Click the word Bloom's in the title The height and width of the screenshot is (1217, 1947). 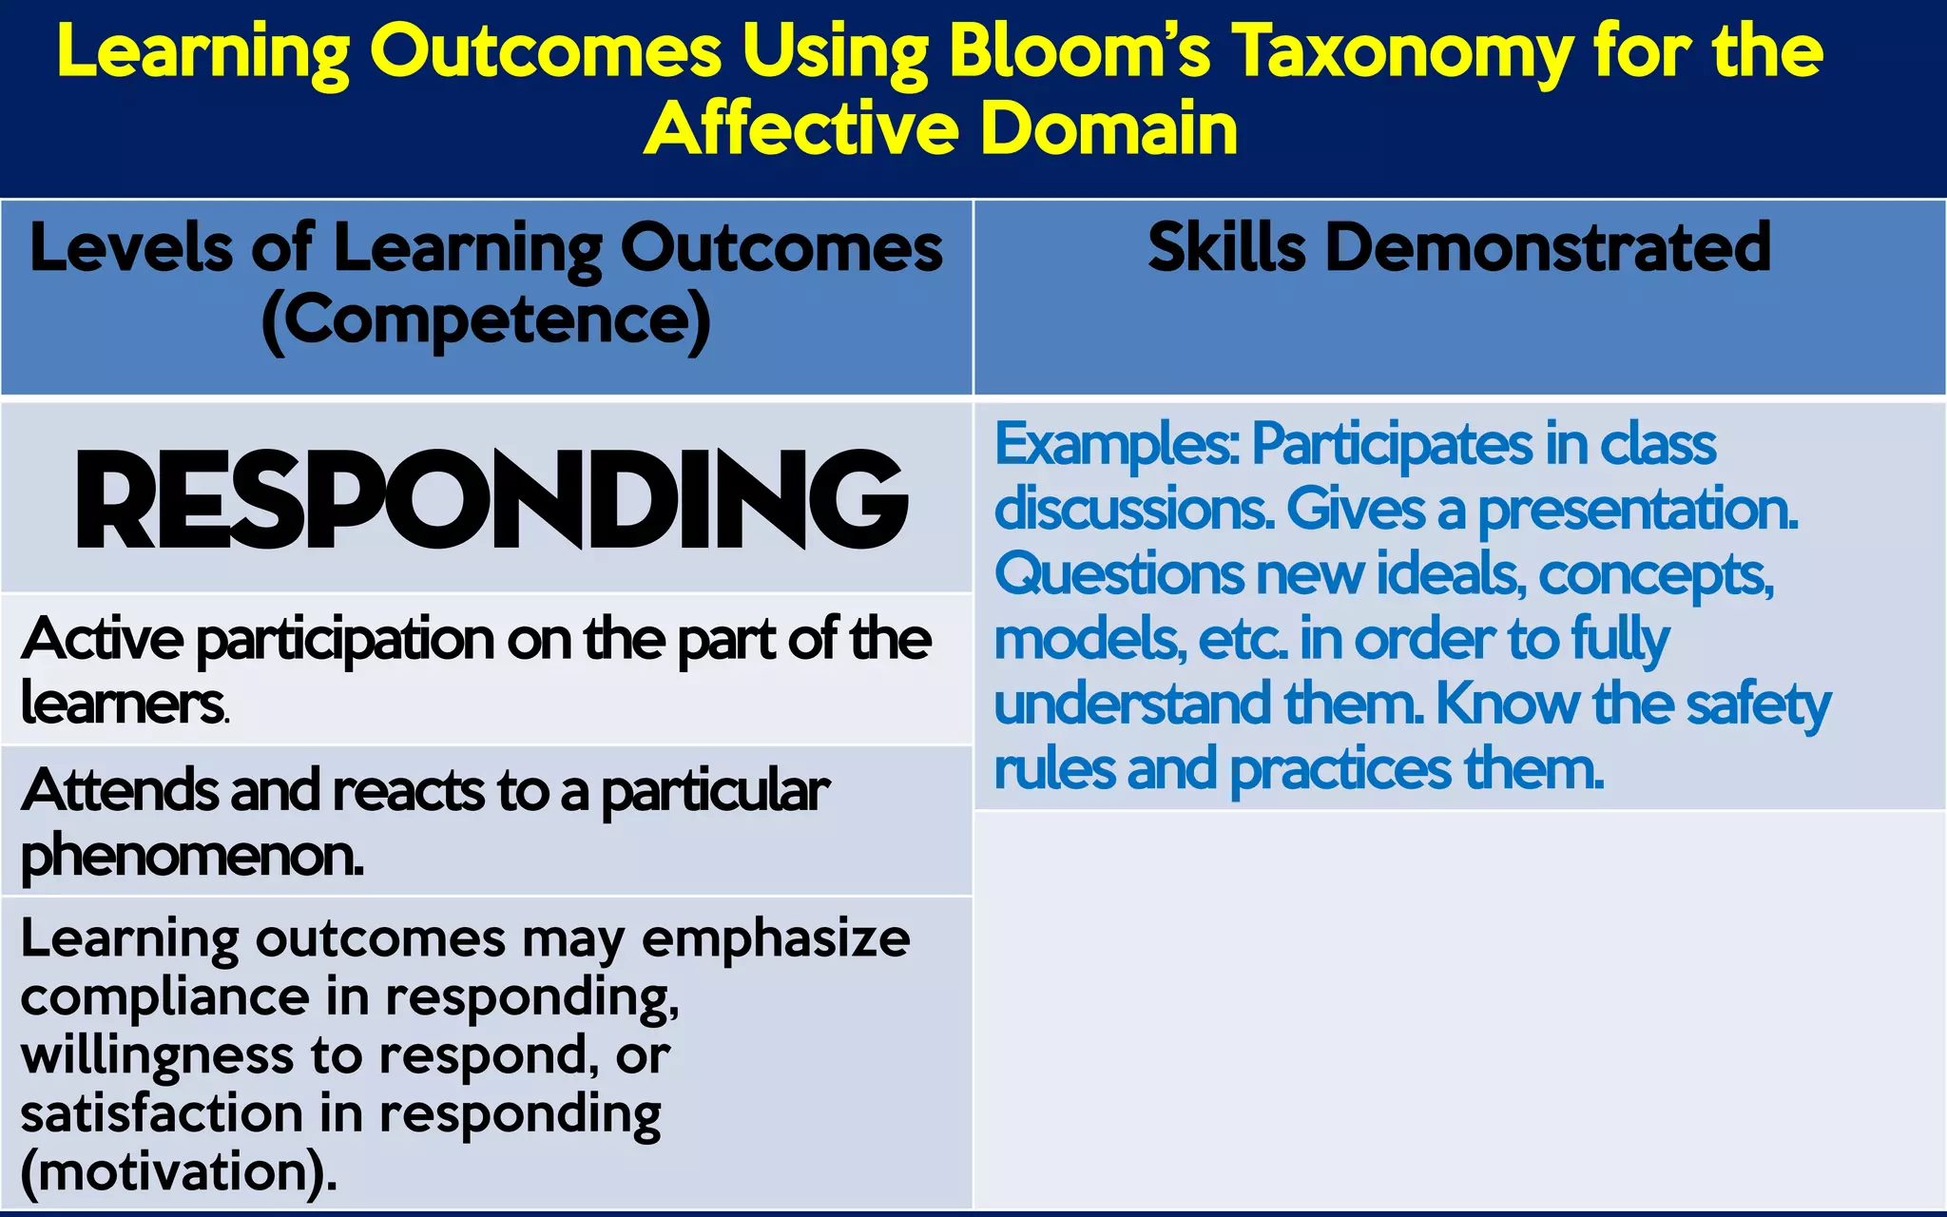(1079, 52)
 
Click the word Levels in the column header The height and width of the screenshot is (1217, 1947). (130, 249)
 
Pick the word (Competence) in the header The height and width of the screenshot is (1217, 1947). (486, 321)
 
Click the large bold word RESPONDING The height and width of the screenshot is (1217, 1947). (491, 501)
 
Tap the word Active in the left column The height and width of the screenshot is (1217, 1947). (102, 639)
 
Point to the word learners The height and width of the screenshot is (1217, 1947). (124, 704)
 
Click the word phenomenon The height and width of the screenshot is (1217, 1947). (191, 856)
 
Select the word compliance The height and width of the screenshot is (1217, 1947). (164, 998)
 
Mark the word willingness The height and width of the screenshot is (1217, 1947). (157, 1057)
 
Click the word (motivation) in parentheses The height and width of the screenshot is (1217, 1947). (178, 1172)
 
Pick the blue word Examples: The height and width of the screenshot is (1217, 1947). (1116, 444)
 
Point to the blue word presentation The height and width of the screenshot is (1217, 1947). (1637, 510)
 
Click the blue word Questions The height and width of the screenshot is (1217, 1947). (1118, 574)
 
